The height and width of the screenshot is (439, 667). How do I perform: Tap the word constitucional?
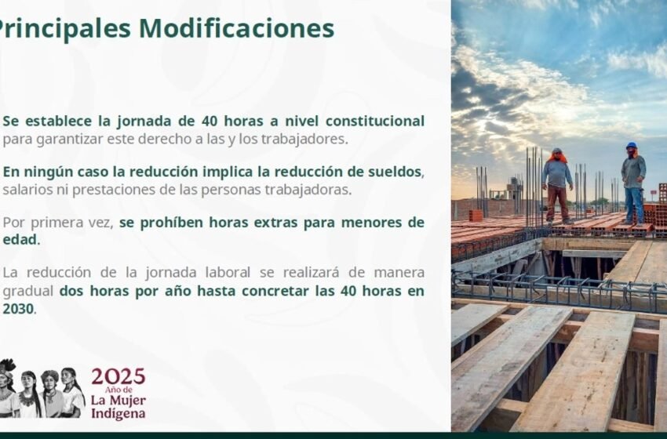(x=376, y=122)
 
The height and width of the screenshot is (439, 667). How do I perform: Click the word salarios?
(x=29, y=190)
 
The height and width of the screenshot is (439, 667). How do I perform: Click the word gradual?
(x=28, y=290)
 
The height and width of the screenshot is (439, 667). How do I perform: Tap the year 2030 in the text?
(x=18, y=309)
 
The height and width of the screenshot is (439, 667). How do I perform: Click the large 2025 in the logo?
(x=118, y=376)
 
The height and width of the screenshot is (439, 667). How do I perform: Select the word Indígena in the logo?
(x=118, y=412)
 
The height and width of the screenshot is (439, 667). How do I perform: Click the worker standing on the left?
(x=557, y=184)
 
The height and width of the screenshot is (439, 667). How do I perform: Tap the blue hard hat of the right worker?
(x=631, y=146)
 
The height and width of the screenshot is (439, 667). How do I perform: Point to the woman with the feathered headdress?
(x=7, y=388)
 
